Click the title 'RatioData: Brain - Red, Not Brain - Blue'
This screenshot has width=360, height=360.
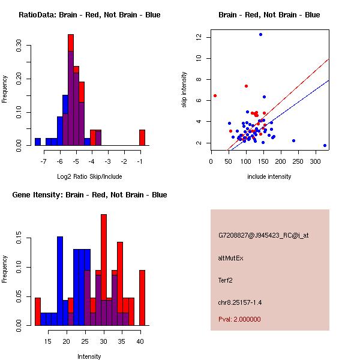[89, 15]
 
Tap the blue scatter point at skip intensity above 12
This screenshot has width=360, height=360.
[260, 34]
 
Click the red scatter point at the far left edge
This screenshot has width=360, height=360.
[215, 95]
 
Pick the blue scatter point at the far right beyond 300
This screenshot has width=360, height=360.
[325, 145]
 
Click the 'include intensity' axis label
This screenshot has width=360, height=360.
[269, 176]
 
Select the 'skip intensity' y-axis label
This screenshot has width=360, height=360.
[184, 90]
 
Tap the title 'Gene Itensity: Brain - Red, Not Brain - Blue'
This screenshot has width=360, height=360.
[89, 195]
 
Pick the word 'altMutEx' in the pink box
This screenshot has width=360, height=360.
[231, 258]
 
